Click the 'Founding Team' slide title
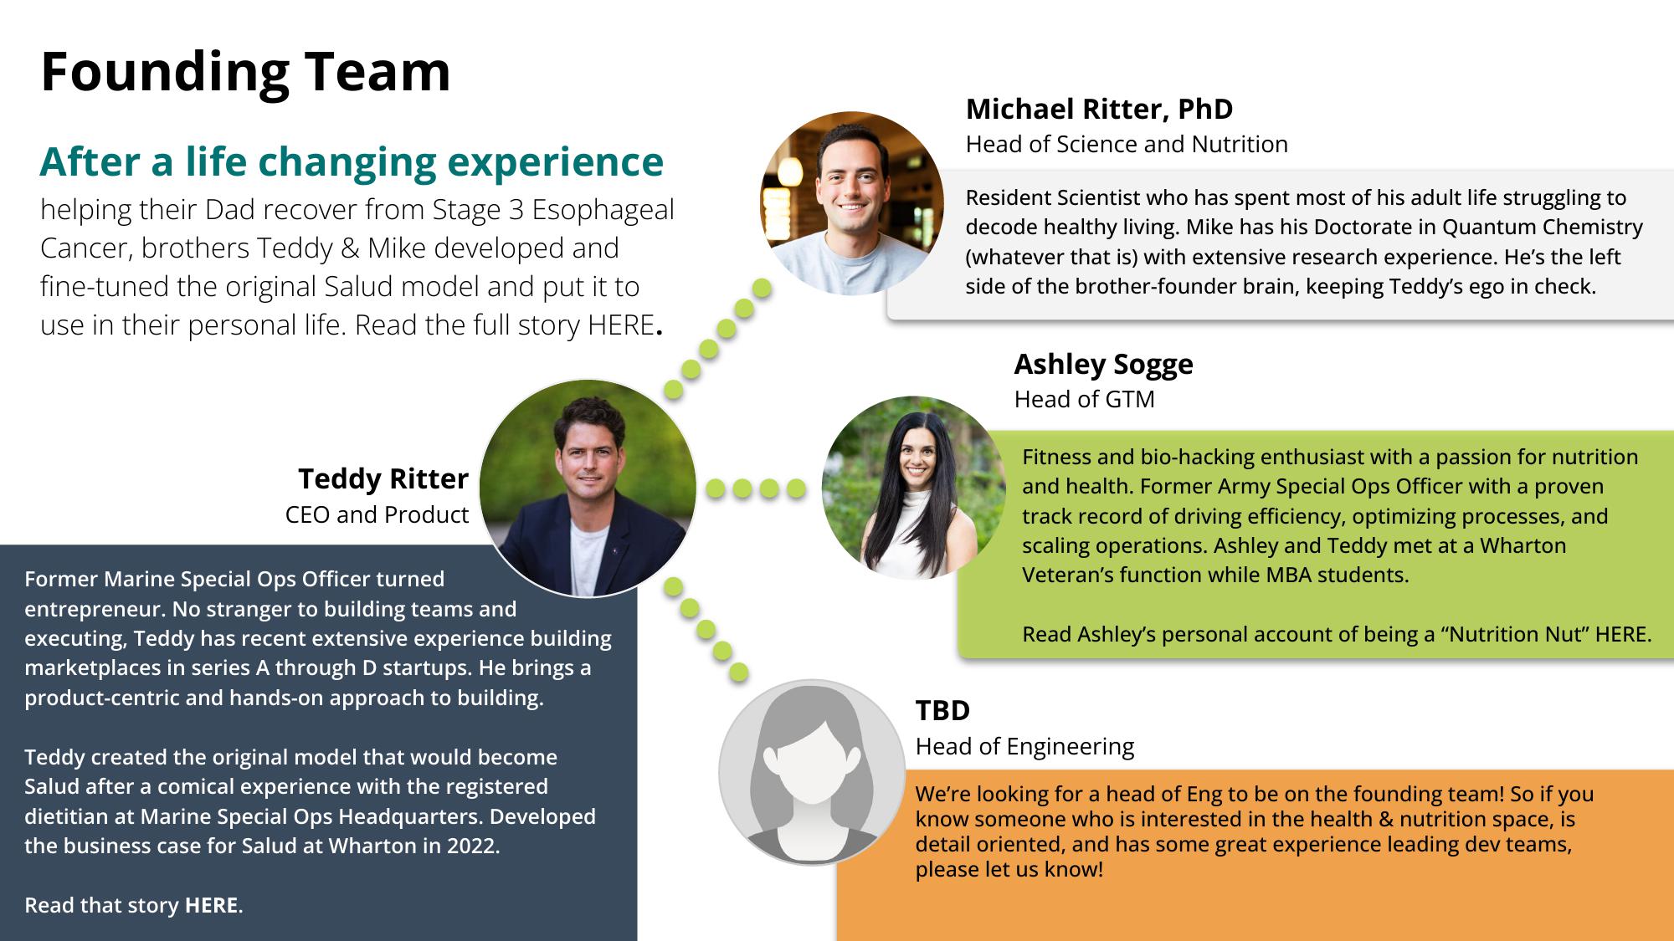click(x=245, y=72)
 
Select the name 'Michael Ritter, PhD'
click(x=1099, y=109)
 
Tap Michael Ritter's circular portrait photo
click(x=851, y=203)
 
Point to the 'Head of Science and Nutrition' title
click(x=1127, y=145)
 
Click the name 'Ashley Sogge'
click(x=1103, y=364)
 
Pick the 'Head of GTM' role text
click(x=1084, y=400)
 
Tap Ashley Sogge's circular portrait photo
click(x=914, y=488)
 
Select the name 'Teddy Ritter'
click(x=383, y=478)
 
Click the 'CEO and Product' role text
click(x=377, y=514)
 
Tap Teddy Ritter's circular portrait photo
click(x=588, y=488)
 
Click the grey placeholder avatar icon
click(x=812, y=772)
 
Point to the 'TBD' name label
click(x=942, y=711)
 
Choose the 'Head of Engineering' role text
click(x=1024, y=746)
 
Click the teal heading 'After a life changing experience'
click(x=352, y=162)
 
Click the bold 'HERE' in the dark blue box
click(x=212, y=905)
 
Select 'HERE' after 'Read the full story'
click(x=621, y=325)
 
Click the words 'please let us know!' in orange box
click(x=1009, y=870)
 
